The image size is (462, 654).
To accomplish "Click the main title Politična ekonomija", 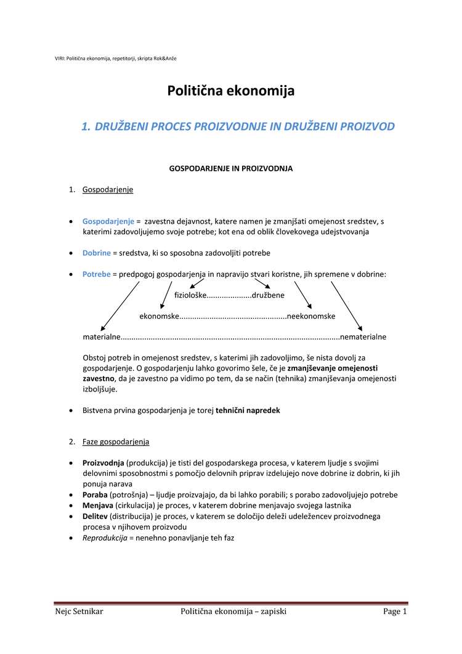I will [x=231, y=91].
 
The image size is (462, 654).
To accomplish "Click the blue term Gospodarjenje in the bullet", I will [x=108, y=221].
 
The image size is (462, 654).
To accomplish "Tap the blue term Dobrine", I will [x=97, y=253].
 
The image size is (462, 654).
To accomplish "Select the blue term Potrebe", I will [x=97, y=274].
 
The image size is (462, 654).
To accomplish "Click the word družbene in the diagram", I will [x=268, y=295].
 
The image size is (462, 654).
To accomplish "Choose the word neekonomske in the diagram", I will [x=311, y=316].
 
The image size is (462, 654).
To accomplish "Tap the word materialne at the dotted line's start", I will [x=102, y=337].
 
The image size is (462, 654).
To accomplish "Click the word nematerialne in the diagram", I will [x=363, y=337].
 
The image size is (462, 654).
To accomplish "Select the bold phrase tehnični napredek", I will [x=248, y=410].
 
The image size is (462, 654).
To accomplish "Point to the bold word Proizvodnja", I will [x=103, y=463].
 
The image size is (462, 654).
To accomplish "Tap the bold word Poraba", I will [x=95, y=494].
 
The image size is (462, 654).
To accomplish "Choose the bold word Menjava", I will [x=98, y=505].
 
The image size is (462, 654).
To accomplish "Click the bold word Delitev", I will [x=95, y=516].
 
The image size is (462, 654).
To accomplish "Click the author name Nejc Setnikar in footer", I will [x=79, y=611].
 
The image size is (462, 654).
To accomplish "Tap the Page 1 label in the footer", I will [x=395, y=611].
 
